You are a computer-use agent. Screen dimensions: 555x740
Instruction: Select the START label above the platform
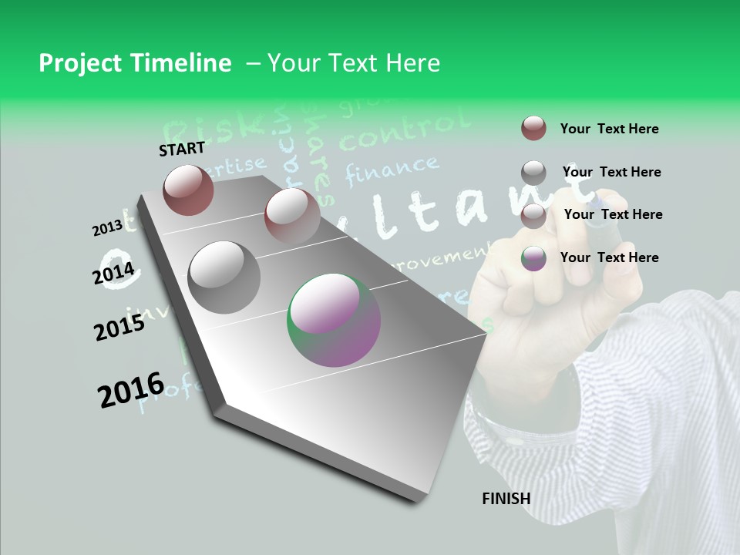182,149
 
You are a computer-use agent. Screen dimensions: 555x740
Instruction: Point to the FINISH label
506,499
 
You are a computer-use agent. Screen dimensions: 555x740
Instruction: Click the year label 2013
107,227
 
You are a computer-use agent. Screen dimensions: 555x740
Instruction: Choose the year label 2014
114,273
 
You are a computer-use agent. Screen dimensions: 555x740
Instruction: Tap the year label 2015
119,327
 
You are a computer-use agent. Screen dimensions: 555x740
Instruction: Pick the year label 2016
131,389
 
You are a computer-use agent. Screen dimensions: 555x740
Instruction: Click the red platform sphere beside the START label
188,190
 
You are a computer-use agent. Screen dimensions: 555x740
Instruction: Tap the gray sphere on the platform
224,277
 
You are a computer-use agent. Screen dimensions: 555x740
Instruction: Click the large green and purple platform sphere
334,319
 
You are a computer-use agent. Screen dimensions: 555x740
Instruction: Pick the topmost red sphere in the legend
533,128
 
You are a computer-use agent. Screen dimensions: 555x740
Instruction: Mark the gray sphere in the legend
533,172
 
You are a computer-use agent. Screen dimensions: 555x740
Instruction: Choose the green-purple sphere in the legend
533,257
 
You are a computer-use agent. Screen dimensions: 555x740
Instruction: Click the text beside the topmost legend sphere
609,129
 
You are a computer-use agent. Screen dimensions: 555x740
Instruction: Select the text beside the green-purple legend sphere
609,257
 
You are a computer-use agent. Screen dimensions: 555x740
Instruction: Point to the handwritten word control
404,133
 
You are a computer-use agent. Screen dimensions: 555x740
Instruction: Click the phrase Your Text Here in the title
353,63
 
